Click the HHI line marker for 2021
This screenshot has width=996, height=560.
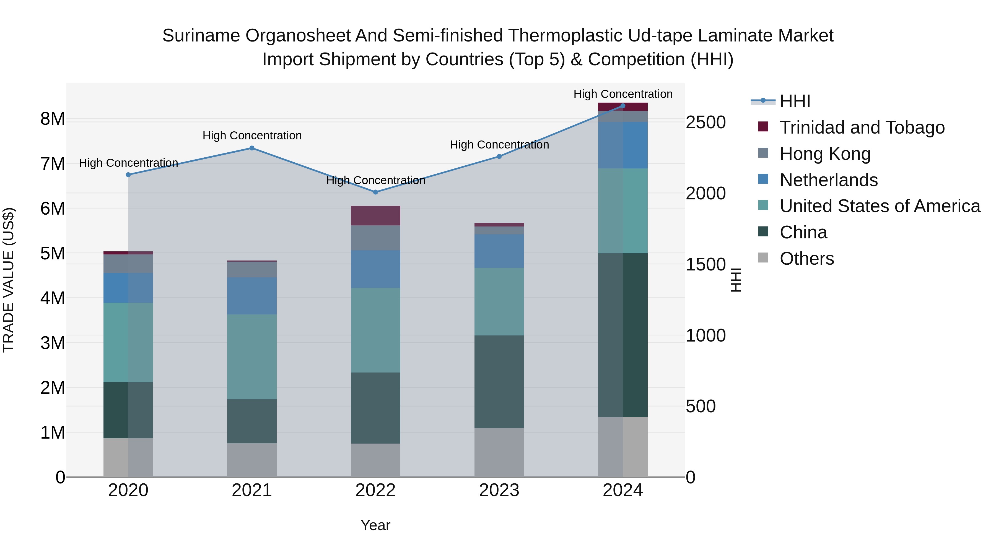[x=252, y=148]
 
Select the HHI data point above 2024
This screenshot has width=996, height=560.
[x=622, y=106]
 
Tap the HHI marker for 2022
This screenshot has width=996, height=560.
[x=375, y=192]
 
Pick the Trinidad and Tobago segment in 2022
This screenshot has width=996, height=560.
[x=375, y=216]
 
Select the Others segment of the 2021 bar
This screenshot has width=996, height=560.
[x=252, y=460]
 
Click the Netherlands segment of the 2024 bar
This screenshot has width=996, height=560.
[x=622, y=145]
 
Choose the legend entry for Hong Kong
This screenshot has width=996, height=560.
[x=825, y=154]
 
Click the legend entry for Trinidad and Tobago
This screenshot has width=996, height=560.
[x=862, y=127]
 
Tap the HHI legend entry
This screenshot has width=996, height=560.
[x=795, y=101]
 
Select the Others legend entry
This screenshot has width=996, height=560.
[x=806, y=259]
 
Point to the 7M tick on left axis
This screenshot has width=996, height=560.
[x=53, y=164]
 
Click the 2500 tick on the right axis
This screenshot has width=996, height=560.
[x=705, y=123]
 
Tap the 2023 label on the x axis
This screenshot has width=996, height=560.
[x=499, y=490]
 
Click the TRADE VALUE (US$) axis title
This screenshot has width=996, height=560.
[x=9, y=280]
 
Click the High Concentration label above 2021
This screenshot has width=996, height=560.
[x=252, y=136]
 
